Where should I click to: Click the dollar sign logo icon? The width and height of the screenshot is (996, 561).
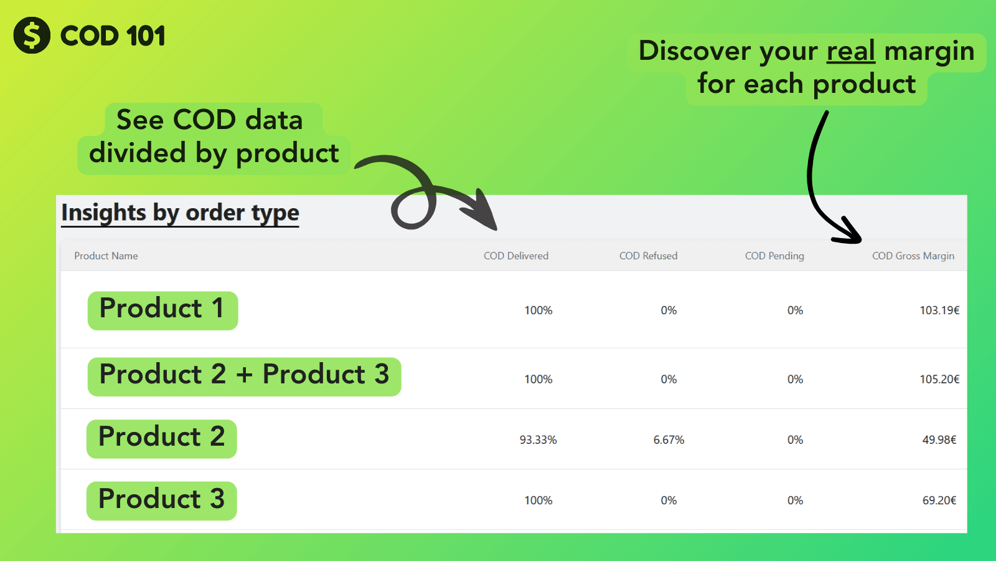point(32,35)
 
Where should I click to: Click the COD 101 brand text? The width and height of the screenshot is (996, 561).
point(113,36)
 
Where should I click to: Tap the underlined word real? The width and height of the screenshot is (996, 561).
point(850,50)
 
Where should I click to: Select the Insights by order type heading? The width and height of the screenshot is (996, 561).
point(180,213)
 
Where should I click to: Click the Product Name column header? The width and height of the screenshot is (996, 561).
point(106,256)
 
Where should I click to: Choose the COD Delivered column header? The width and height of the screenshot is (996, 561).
point(516,256)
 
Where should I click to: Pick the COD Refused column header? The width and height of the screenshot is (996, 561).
point(648,256)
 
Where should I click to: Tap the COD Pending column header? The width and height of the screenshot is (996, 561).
point(774,256)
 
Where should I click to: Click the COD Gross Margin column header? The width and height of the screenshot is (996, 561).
point(913,256)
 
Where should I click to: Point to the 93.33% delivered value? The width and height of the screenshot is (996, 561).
point(538,440)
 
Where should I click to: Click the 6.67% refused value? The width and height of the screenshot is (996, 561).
point(669,440)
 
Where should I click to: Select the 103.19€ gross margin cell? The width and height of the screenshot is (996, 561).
point(939,310)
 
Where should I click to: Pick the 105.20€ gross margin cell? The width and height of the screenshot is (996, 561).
point(939,380)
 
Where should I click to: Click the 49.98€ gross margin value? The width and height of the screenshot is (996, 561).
point(939,440)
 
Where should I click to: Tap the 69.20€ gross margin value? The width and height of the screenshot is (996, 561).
point(939,501)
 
